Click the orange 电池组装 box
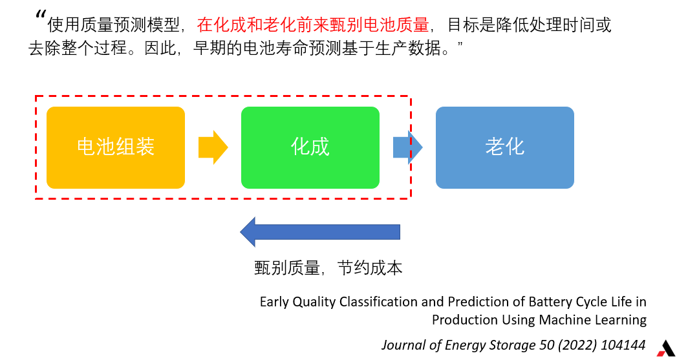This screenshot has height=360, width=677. pos(116,147)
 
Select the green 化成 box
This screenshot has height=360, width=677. pos(310,147)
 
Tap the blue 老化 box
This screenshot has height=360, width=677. pos(505,147)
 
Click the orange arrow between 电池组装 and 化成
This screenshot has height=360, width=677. pos(213,147)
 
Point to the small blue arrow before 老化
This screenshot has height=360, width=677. pos(407,147)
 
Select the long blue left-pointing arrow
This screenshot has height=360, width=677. pos(320,232)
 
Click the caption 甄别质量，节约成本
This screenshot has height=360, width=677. pos(328,268)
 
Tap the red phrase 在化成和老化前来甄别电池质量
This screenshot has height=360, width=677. pos(313,25)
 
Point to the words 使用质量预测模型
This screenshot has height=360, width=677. pos(113,25)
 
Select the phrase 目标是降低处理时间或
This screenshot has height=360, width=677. pos(530,25)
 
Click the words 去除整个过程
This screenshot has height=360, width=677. pos(78,48)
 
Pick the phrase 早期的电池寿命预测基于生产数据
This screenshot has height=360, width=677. pos(317,48)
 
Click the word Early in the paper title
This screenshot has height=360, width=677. pos(274,302)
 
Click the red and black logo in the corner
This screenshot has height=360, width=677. pos(666,348)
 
